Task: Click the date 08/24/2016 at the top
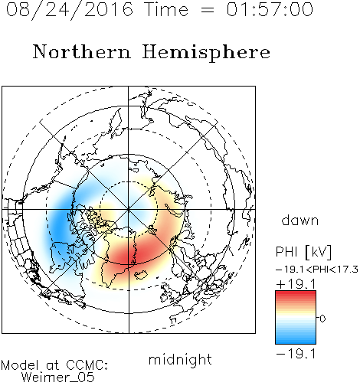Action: [x=70, y=10]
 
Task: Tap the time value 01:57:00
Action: [x=270, y=9]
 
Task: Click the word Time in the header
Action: [x=166, y=9]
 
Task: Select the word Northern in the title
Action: [x=82, y=51]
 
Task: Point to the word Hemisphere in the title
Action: [x=206, y=53]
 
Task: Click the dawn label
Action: [x=300, y=220]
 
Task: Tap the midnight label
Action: [x=180, y=359]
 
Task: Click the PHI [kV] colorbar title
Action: [x=303, y=252]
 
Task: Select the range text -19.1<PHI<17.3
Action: [x=317, y=270]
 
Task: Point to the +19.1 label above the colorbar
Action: [x=296, y=284]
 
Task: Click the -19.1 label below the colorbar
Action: [x=296, y=354]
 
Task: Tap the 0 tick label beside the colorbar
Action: [x=322, y=319]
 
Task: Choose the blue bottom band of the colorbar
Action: [x=296, y=339]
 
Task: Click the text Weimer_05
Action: [x=58, y=378]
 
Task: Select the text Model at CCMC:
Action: [x=54, y=365]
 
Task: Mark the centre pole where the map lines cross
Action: [x=129, y=209]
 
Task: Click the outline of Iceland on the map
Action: [x=141, y=275]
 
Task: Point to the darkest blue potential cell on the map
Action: [x=59, y=223]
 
